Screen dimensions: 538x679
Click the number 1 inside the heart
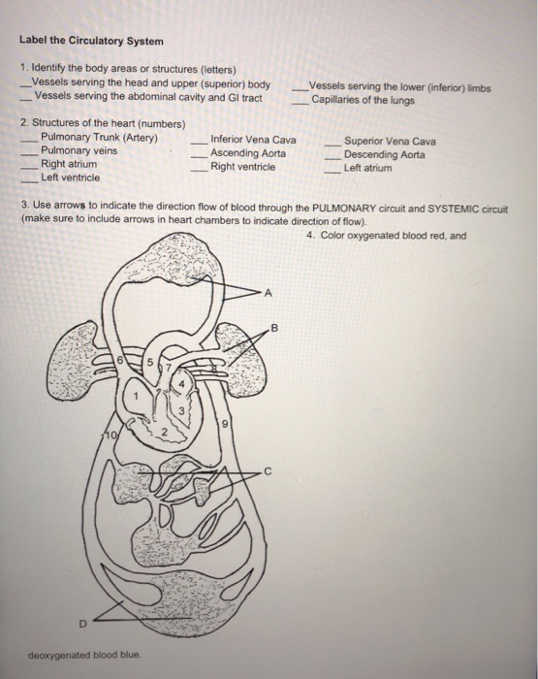(139, 396)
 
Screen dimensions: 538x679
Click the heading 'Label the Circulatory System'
(92, 42)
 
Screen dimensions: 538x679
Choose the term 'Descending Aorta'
(385, 154)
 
